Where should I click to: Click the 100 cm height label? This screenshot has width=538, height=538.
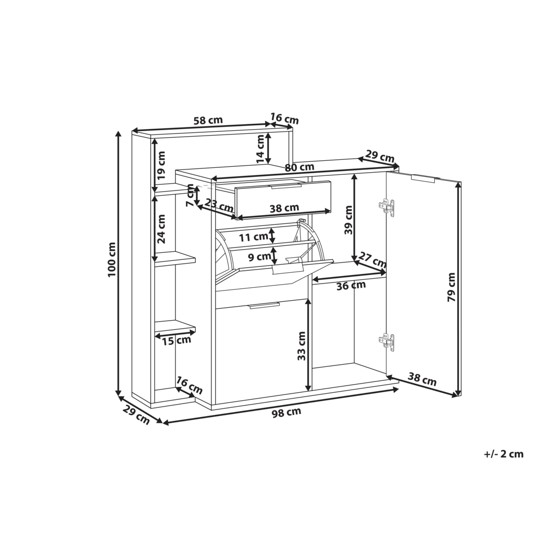point(112,259)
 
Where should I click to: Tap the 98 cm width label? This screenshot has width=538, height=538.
point(286,412)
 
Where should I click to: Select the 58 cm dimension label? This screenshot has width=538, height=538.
point(208,121)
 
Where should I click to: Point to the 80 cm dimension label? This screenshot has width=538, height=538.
point(300,167)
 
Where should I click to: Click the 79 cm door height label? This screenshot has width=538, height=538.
point(451,287)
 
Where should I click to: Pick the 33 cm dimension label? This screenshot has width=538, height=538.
point(301,345)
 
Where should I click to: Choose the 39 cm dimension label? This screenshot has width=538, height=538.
point(349,220)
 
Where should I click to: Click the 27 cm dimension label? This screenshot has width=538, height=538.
point(373,260)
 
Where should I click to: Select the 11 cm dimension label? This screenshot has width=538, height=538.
point(253,237)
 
